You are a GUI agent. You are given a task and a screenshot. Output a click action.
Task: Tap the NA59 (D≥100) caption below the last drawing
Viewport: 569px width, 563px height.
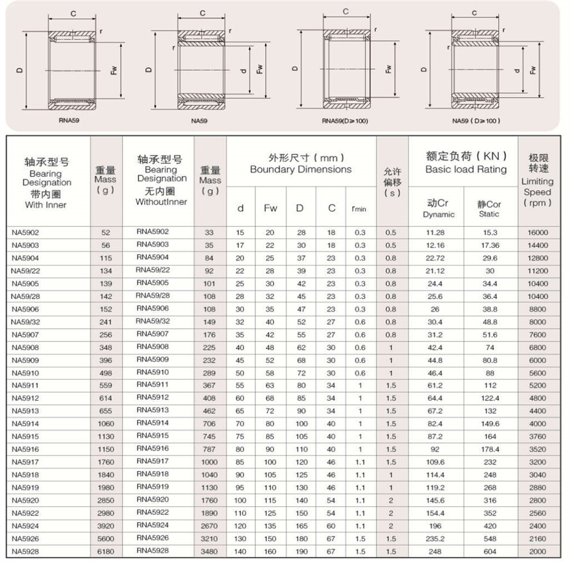click(476, 120)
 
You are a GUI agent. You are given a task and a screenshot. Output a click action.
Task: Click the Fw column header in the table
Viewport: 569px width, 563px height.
click(270, 208)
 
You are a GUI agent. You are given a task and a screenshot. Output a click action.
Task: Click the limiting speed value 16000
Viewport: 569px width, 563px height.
click(537, 233)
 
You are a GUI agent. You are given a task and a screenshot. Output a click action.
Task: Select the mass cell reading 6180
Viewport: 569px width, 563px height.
click(106, 550)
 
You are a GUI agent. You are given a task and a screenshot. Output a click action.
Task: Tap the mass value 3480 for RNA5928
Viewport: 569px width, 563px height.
click(210, 550)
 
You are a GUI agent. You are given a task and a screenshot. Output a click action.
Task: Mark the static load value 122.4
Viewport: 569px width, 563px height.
click(490, 398)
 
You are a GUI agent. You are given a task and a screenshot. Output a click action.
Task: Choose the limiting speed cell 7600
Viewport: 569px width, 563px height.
click(537, 334)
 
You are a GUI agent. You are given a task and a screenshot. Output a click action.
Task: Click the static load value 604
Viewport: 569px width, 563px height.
click(490, 550)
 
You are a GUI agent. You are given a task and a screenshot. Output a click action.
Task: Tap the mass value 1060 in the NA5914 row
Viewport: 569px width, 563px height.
click(106, 423)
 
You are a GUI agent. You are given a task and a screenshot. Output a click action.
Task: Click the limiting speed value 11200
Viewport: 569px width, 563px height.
click(537, 271)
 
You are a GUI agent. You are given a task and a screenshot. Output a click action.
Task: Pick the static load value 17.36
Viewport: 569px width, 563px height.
click(490, 245)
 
